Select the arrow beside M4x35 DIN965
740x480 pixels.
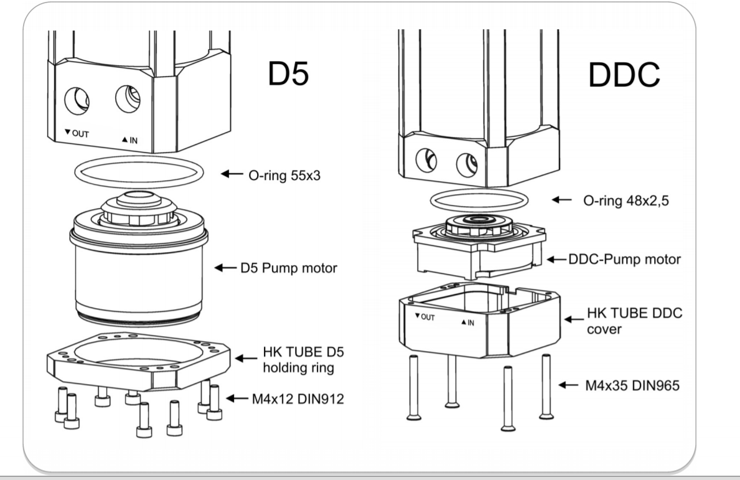click(568, 385)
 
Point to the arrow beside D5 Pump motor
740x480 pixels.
click(224, 268)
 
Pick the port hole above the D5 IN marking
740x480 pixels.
click(127, 98)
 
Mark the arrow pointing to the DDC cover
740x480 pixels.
click(572, 318)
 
